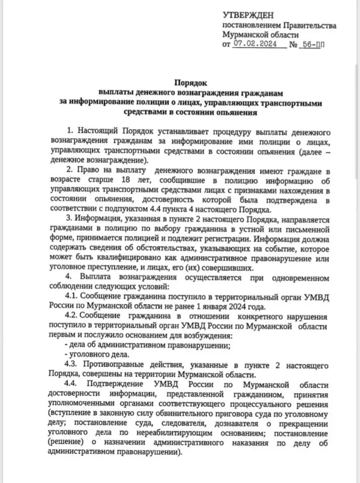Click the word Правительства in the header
(x=310, y=26)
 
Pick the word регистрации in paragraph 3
(x=228, y=239)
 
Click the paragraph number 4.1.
(x=71, y=298)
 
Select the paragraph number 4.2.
(x=71, y=317)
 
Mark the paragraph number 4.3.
(x=71, y=366)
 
